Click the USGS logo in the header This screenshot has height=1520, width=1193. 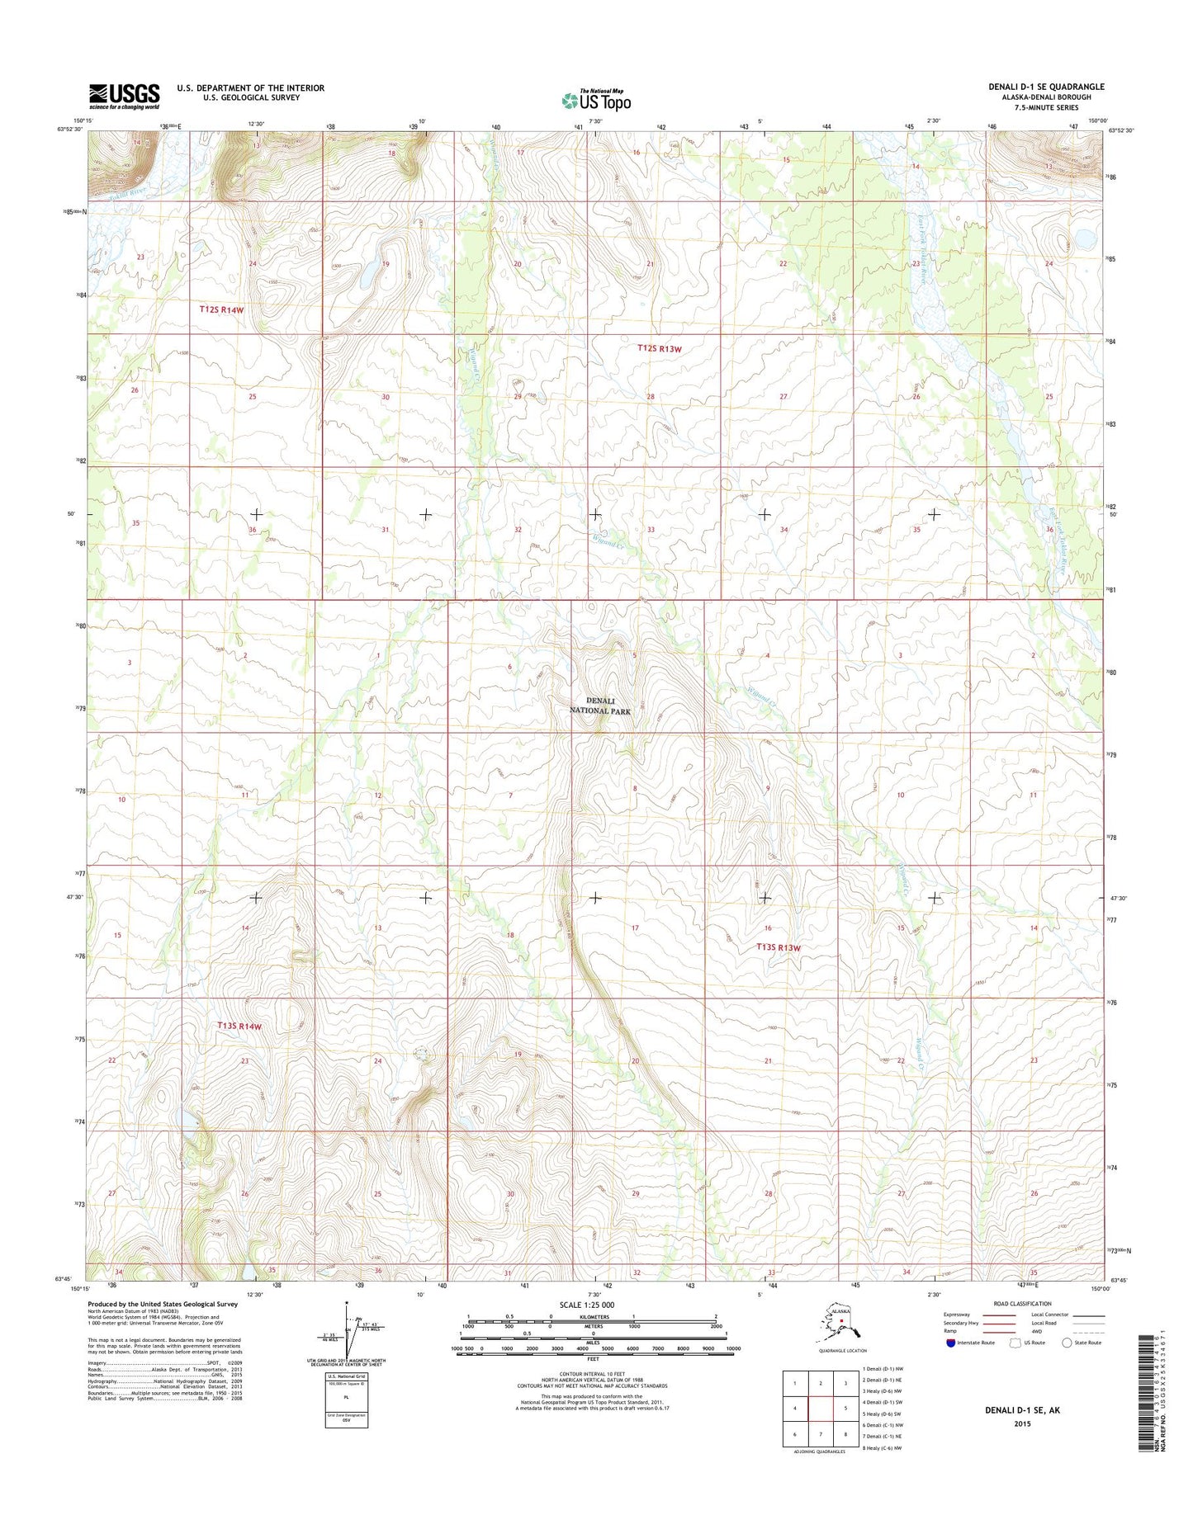point(124,96)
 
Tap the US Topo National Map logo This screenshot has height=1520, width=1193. point(596,100)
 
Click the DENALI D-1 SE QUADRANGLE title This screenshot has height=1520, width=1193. point(1046,87)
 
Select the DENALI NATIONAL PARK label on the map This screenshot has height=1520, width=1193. point(600,706)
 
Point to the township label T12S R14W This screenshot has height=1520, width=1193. point(221,309)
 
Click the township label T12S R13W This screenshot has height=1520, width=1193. point(660,348)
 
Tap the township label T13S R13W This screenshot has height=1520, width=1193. point(779,947)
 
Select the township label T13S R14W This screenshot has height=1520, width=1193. point(239,1026)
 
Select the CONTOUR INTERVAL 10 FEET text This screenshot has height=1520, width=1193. point(593,1374)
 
